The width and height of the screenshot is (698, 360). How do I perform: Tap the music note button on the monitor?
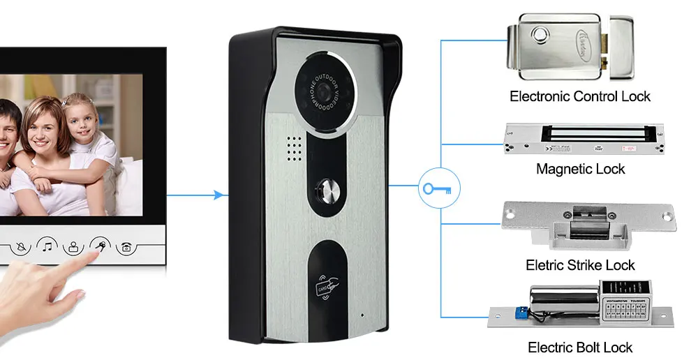(x=47, y=246)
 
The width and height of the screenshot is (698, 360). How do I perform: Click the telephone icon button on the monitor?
(x=127, y=246)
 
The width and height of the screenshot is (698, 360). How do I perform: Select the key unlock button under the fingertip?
(x=101, y=246)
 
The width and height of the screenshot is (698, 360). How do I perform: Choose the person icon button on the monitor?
(x=74, y=246)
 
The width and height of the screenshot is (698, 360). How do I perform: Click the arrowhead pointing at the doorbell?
(x=223, y=195)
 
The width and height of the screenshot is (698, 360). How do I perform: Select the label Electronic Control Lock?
(x=580, y=96)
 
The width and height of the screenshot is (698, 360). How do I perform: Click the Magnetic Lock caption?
(x=580, y=169)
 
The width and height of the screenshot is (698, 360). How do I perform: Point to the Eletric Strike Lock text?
(x=580, y=265)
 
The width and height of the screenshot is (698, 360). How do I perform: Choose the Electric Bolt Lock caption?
(x=580, y=347)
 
